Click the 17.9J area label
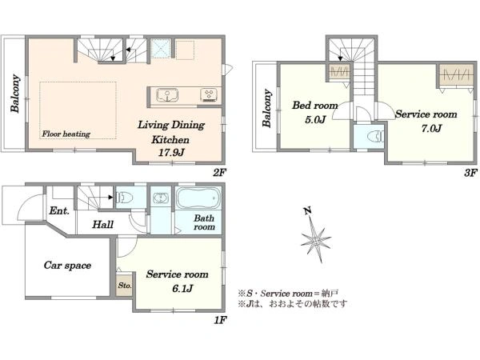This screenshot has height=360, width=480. pos(171,153)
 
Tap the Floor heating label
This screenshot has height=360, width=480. pos(66,134)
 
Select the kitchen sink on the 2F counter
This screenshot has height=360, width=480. pos(167,95)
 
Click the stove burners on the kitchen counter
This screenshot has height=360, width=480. pos(209,94)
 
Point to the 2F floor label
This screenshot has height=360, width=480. pos(219,173)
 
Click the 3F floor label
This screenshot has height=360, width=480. pos(470,173)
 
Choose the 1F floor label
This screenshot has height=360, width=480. pos(220,320)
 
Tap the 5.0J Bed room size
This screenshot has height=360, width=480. pos(315,119)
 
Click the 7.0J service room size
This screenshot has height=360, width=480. pos(431,128)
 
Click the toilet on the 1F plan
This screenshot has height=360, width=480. pos(124,198)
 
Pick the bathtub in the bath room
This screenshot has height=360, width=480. pos(199,198)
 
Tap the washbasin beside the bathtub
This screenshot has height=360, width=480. pos(161,198)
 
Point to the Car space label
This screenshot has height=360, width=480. pos(67,265)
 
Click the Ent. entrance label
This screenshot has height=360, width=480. pos(59,210)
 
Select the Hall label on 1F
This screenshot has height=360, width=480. pos(103,224)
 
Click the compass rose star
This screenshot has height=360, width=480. pos(316,240)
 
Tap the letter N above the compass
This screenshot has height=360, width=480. pos(308,210)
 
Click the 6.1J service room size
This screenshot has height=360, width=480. pos(182,288)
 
